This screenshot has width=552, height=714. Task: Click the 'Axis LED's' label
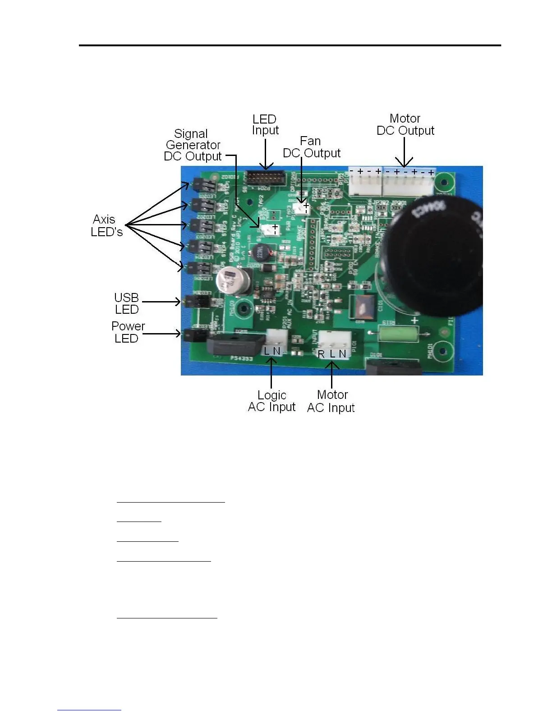tap(106, 225)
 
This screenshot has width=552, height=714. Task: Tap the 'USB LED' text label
tap(126, 303)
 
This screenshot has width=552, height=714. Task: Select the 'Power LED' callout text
tap(128, 332)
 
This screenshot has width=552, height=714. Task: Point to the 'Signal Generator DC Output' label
tap(193, 145)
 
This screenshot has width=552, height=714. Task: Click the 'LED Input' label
tap(265, 125)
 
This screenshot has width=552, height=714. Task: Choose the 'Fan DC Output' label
tap(311, 147)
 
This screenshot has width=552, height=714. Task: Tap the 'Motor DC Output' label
tap(405, 124)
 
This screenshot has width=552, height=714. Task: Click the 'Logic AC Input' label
tap(271, 401)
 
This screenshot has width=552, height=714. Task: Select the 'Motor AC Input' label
tap(331, 401)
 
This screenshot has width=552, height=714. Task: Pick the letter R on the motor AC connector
tap(321, 354)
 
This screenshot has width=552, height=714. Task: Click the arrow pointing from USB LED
tap(161, 302)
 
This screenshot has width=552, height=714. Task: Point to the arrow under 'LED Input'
tap(266, 154)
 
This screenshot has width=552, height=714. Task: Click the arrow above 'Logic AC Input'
tap(271, 372)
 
